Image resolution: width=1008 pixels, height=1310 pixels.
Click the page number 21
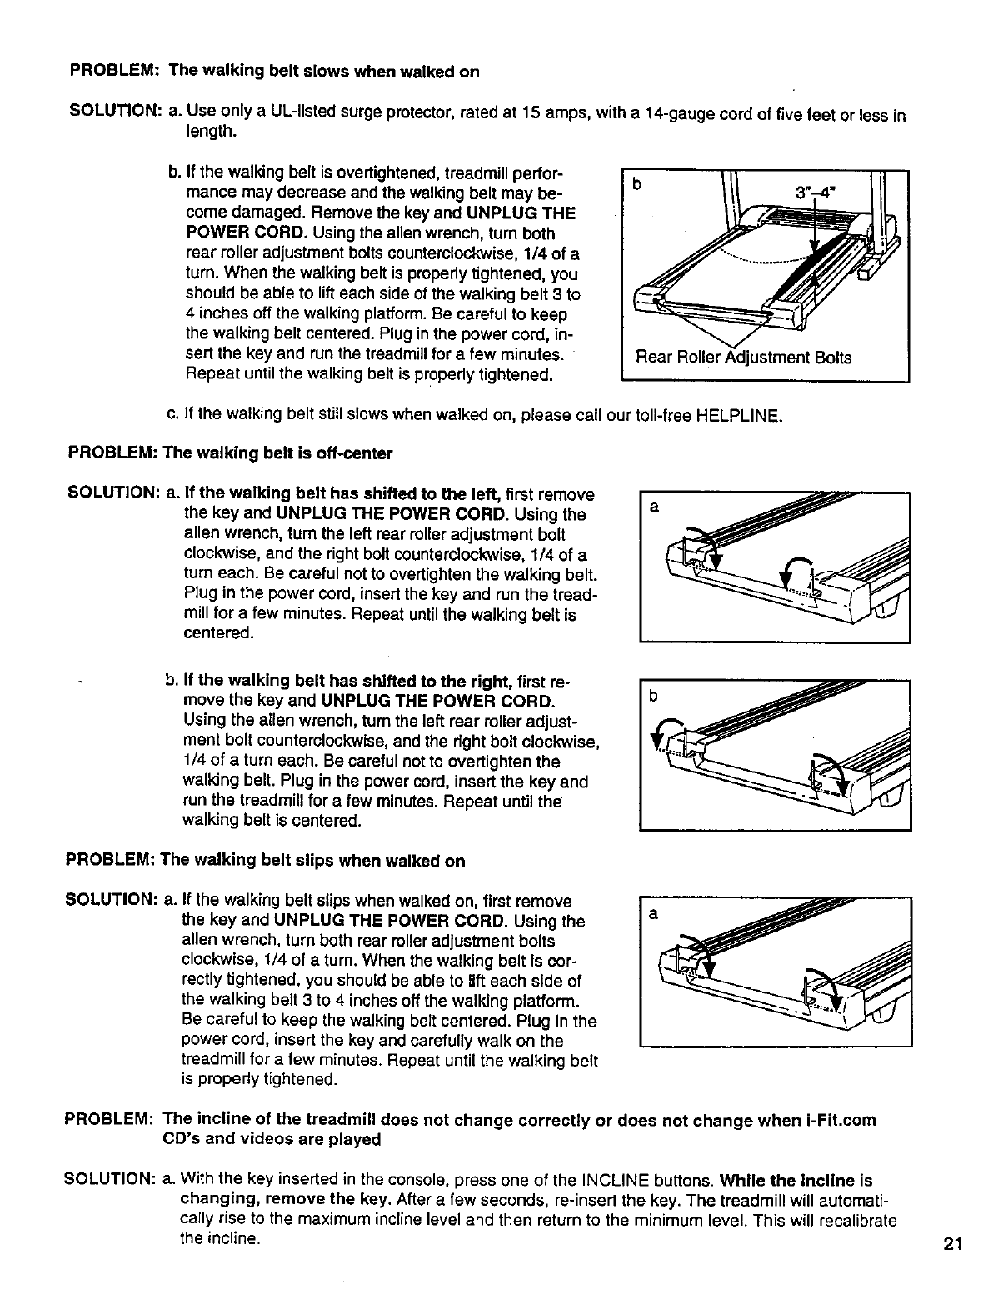click(953, 1245)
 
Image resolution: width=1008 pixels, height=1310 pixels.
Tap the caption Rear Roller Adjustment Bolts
click(743, 357)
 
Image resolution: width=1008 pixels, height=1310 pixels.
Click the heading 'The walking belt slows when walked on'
click(324, 72)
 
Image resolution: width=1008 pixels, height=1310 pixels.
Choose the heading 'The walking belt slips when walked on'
click(312, 861)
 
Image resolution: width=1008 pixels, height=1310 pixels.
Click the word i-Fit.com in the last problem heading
click(841, 1120)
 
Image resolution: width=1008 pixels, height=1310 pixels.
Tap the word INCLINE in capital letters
click(603, 1181)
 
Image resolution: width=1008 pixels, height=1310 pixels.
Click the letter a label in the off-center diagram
click(654, 507)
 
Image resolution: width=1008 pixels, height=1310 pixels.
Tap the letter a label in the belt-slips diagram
click(654, 914)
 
